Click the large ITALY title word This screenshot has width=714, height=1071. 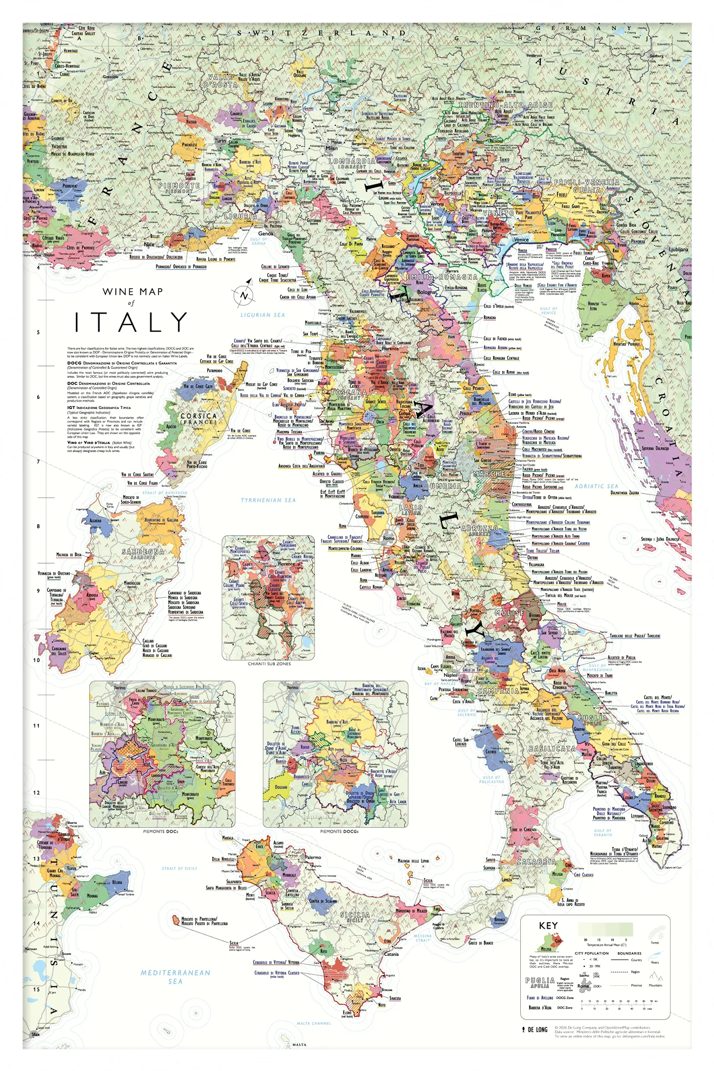tap(131, 322)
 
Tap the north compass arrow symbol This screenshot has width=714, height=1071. tap(244, 296)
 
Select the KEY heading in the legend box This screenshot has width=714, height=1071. tap(548, 926)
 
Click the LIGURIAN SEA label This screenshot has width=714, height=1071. tap(262, 315)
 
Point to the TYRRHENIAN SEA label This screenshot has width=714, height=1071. tap(268, 500)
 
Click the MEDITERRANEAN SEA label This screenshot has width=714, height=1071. tap(176, 977)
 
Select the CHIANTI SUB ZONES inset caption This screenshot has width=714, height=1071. tap(269, 664)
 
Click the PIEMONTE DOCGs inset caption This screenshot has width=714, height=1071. tap(339, 831)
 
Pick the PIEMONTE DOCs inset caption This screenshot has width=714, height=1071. tap(160, 831)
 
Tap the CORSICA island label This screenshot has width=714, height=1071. tap(198, 417)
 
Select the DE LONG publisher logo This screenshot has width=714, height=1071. tap(535, 1029)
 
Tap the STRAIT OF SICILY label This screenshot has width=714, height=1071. tap(179, 868)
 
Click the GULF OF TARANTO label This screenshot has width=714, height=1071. tap(602, 832)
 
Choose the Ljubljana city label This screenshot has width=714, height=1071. tap(678, 250)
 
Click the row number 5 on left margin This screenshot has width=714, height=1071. tap(38, 332)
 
